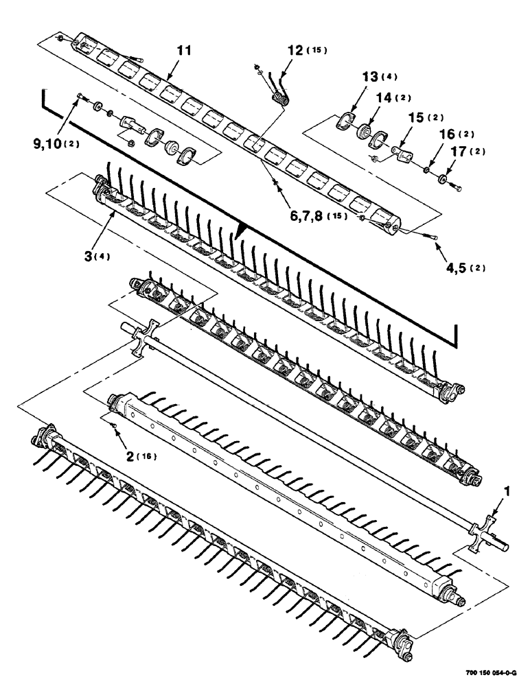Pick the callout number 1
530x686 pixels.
(508, 490)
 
